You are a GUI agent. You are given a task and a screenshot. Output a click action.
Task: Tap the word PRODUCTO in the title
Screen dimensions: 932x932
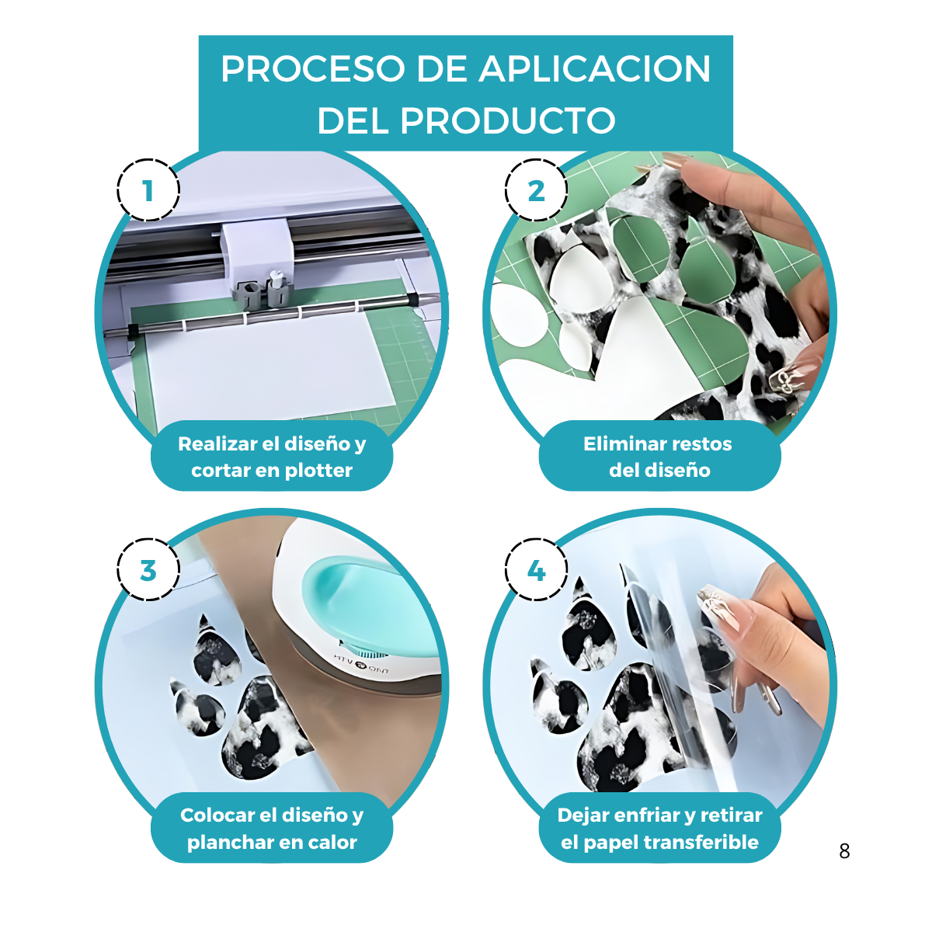(x=507, y=120)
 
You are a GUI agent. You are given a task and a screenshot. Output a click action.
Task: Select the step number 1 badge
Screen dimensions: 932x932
(x=148, y=190)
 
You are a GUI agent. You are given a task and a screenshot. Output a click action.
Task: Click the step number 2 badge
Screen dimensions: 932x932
(x=536, y=190)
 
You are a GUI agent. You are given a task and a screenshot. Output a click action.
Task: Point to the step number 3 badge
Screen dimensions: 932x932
(x=148, y=570)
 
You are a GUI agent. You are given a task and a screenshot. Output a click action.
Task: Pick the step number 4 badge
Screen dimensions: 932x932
(x=536, y=570)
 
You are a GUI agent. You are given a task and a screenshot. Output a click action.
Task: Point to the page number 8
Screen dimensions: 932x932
(x=844, y=851)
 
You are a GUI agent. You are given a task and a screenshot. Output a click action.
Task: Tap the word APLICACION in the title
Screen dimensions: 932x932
(x=595, y=69)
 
